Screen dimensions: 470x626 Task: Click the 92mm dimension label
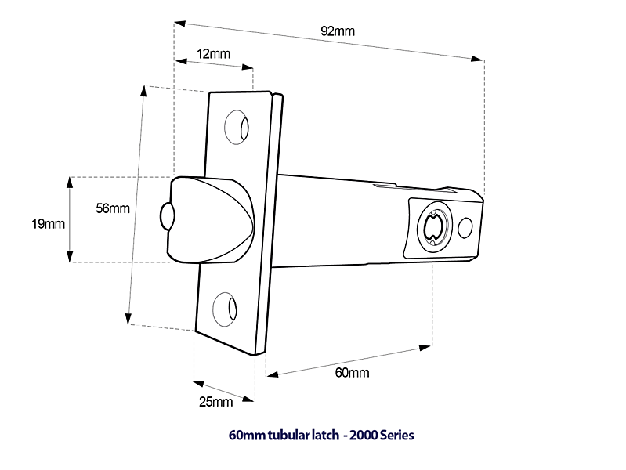[x=338, y=31]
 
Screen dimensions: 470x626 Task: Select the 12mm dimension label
[x=214, y=54]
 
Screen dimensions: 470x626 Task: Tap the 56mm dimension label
[x=113, y=208]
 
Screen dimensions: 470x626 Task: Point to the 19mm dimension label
[x=48, y=224]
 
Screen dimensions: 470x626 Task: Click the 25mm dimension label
[x=216, y=402]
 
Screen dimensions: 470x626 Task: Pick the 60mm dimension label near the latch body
[x=352, y=372]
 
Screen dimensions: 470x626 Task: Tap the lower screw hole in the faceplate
[x=228, y=307]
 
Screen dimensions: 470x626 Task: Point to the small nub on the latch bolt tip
[x=165, y=217]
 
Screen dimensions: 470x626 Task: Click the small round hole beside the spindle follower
[x=465, y=227]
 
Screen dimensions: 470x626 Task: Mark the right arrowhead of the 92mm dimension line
[x=477, y=58]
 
